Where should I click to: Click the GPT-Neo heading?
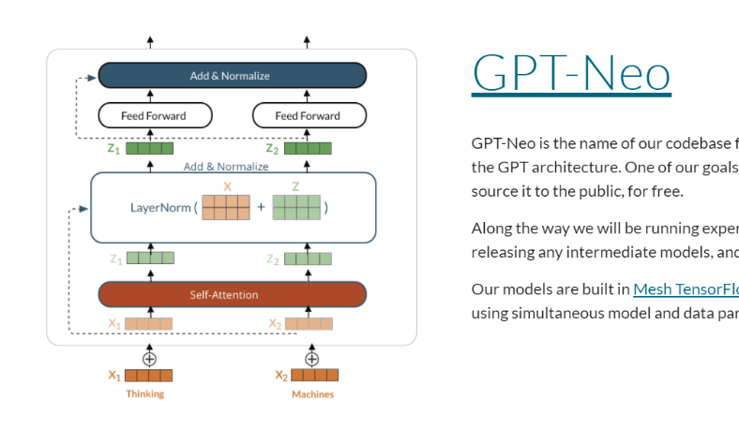point(571,72)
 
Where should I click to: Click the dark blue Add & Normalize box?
point(232,76)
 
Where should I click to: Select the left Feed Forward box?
point(155,116)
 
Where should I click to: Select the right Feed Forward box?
point(309,116)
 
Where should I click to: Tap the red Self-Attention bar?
point(232,294)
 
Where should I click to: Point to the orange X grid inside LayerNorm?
point(226,208)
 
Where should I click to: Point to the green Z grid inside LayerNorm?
point(296,208)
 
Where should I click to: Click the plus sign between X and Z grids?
point(261,208)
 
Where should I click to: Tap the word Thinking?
point(145,394)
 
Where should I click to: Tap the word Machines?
point(312,394)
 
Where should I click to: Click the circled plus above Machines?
point(312,359)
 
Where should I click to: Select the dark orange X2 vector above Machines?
point(314,376)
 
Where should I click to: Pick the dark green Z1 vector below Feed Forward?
point(150,148)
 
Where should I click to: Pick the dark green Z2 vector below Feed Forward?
point(309,148)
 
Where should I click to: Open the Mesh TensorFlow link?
point(686,289)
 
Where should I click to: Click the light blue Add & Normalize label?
point(226,167)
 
